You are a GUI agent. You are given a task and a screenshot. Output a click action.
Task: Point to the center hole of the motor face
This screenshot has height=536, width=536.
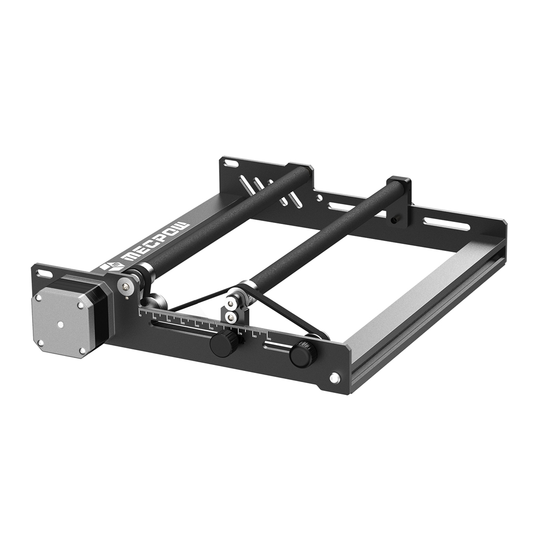[x=61, y=324]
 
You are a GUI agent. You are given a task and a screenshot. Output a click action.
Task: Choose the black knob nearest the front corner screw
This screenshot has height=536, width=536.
[x=302, y=354]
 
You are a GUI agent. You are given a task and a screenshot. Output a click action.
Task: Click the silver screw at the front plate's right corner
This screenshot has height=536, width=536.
[x=334, y=378]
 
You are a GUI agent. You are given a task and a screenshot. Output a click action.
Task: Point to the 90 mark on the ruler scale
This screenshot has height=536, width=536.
[x=269, y=338]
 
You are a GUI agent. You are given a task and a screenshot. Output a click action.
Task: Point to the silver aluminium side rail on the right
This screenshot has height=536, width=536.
[x=423, y=300]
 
